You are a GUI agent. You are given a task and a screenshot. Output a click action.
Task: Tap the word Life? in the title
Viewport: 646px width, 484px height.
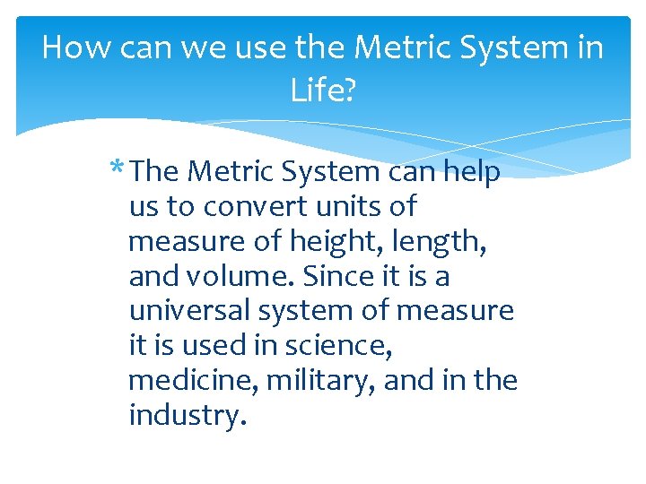tap(323, 90)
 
